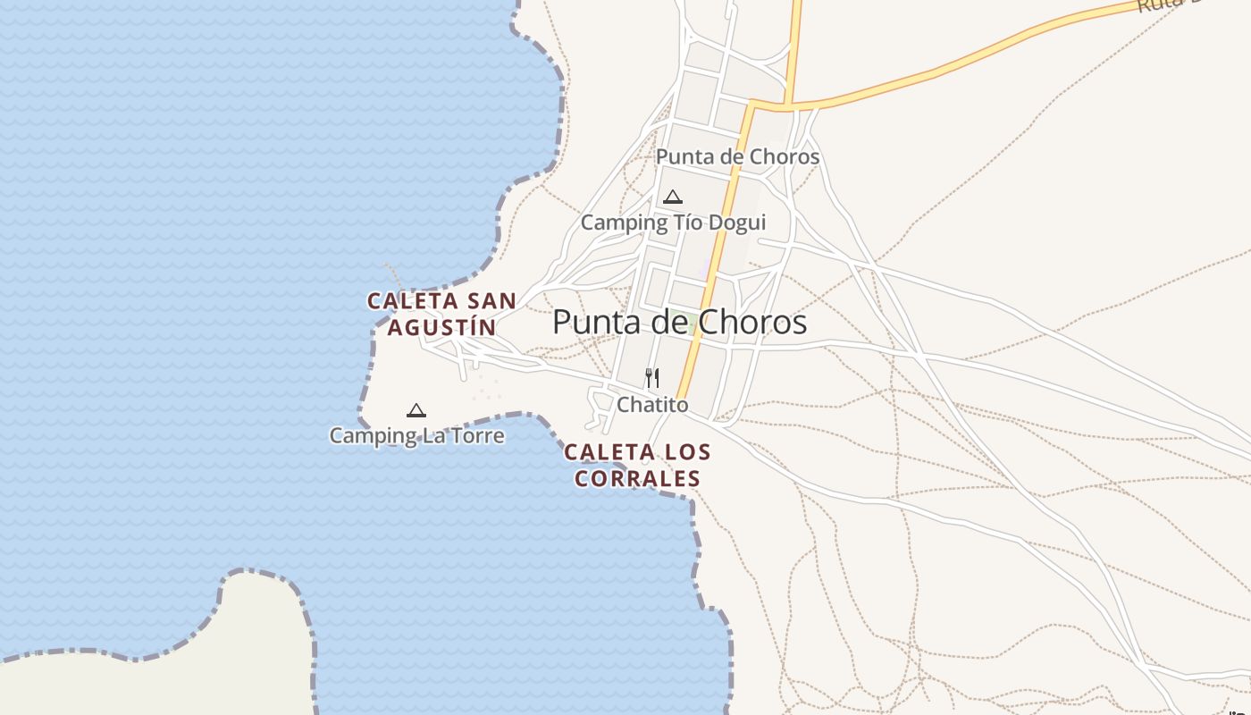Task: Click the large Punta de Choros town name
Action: pos(679,322)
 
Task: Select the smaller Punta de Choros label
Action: pos(737,157)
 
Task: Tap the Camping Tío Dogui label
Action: pos(673,223)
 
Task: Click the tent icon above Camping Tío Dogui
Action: pos(673,197)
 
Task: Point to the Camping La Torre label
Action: pos(416,436)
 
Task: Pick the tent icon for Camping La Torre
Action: pos(416,411)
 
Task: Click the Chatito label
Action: pos(652,405)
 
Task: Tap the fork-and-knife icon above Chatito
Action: pos(652,378)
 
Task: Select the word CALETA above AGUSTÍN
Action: pos(413,301)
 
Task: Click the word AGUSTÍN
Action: pos(441,328)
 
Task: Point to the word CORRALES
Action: pos(637,479)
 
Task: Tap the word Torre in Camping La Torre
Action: pos(478,436)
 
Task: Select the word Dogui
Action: pos(735,223)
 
